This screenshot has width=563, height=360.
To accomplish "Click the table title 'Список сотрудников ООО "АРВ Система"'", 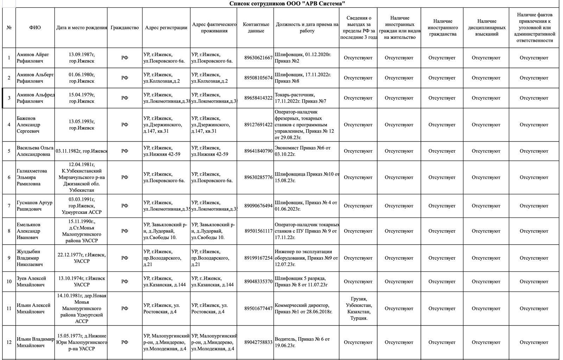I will pyautogui.click(x=287, y=4).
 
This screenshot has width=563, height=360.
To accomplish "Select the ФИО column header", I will pyautogui.click(x=35, y=28).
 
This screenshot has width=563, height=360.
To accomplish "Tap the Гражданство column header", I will pyautogui.click(x=125, y=28).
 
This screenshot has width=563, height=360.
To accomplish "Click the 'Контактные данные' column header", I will pyautogui.click(x=256, y=28).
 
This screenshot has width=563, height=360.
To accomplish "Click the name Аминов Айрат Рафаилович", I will pyautogui.click(x=33, y=58).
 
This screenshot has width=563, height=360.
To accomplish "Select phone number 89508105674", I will pyautogui.click(x=258, y=78).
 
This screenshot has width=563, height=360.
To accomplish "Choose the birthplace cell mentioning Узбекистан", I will pyautogui.click(x=82, y=177).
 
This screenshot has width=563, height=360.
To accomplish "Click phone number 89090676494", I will pyautogui.click(x=258, y=206).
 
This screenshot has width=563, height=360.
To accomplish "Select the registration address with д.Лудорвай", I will pyautogui.click(x=166, y=231).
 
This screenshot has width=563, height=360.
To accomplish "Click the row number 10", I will pyautogui.click(x=9, y=282).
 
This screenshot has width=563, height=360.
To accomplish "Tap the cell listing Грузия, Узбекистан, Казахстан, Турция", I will pyautogui.click(x=358, y=308).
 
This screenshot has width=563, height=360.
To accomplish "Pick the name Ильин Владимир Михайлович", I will pyautogui.click(x=35, y=342).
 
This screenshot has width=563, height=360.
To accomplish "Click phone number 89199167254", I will pyautogui.click(x=258, y=258).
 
